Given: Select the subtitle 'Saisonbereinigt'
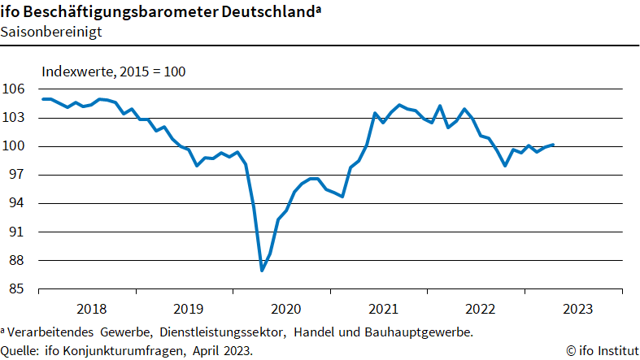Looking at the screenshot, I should click(x=46, y=33).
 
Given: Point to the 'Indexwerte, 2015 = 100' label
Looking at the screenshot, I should click(x=114, y=72).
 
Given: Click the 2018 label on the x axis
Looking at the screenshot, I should click(x=91, y=309).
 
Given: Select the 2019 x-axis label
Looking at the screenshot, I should click(x=189, y=309).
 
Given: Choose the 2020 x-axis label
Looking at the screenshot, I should click(x=285, y=309).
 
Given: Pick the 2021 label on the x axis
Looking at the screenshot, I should click(x=383, y=309).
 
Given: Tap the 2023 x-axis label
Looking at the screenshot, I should click(x=577, y=309).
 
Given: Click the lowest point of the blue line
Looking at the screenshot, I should click(x=262, y=271).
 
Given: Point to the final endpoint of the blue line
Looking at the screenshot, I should click(x=554, y=145).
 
